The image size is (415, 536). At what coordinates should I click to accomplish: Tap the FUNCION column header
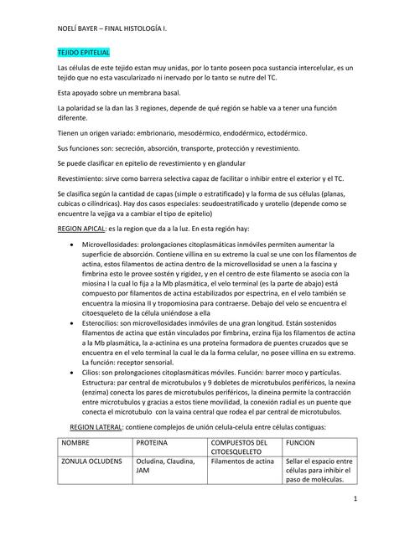(x=300, y=442)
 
